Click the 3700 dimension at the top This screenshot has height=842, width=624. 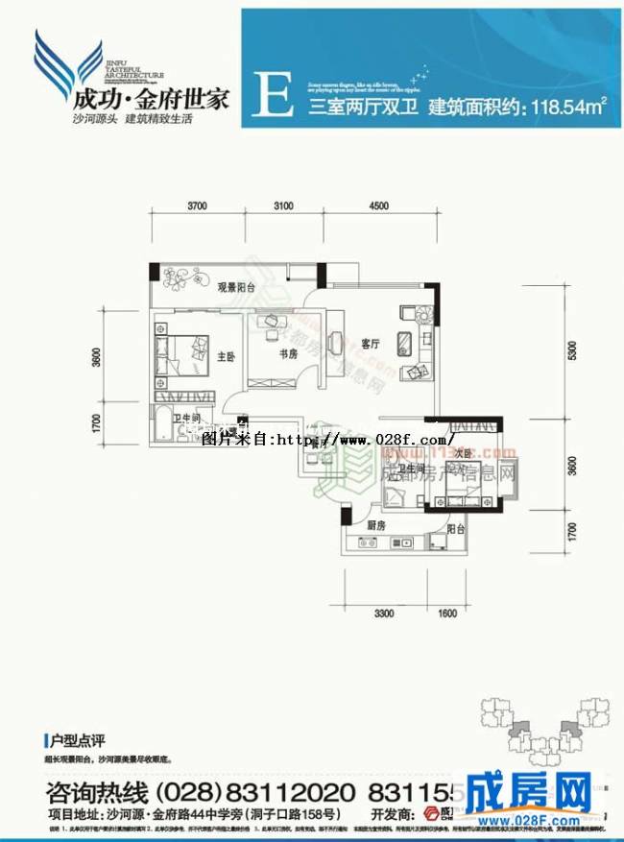[x=199, y=205]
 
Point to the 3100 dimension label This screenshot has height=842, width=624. [x=283, y=205]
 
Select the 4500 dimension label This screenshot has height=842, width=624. [x=377, y=205]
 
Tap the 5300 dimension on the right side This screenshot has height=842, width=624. [x=573, y=351]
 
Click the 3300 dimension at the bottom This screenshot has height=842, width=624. [x=385, y=613]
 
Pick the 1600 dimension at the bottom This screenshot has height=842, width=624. [x=447, y=613]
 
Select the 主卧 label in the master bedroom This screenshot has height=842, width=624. [x=226, y=356]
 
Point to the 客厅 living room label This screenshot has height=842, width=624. [x=372, y=342]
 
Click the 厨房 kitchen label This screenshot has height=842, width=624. [x=375, y=525]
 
